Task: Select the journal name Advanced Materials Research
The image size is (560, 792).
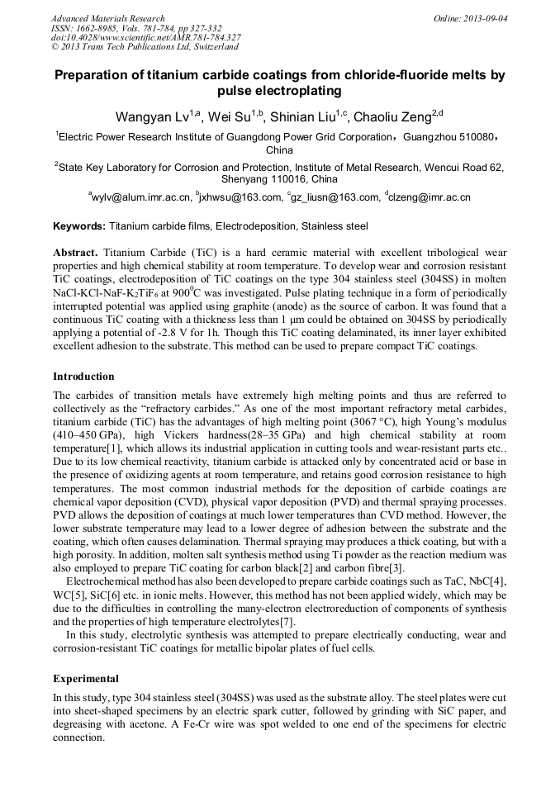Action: click(x=108, y=18)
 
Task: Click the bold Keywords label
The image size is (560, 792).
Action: click(x=79, y=226)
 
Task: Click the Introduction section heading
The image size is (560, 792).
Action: click(x=83, y=377)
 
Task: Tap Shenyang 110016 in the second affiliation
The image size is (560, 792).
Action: click(x=279, y=178)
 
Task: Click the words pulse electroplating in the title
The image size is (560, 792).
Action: click(x=279, y=91)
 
